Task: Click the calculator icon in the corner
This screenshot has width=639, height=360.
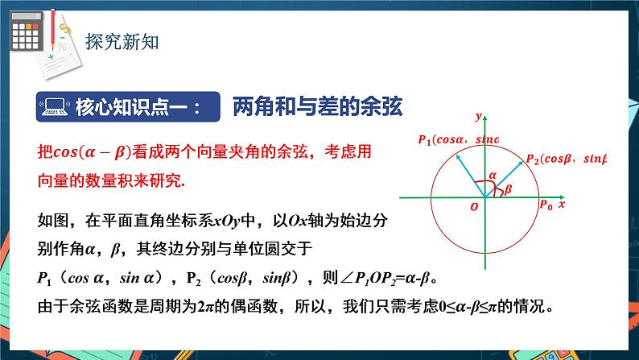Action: tap(27, 35)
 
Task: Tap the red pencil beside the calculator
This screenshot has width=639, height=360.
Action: tap(53, 24)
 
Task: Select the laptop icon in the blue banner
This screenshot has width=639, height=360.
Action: tap(54, 106)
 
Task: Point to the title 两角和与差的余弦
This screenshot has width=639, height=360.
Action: tap(316, 106)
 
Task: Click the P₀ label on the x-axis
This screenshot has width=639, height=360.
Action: tap(546, 206)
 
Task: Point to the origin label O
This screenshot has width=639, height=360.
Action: tap(474, 207)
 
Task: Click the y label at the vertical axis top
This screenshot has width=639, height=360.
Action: tap(478, 117)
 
